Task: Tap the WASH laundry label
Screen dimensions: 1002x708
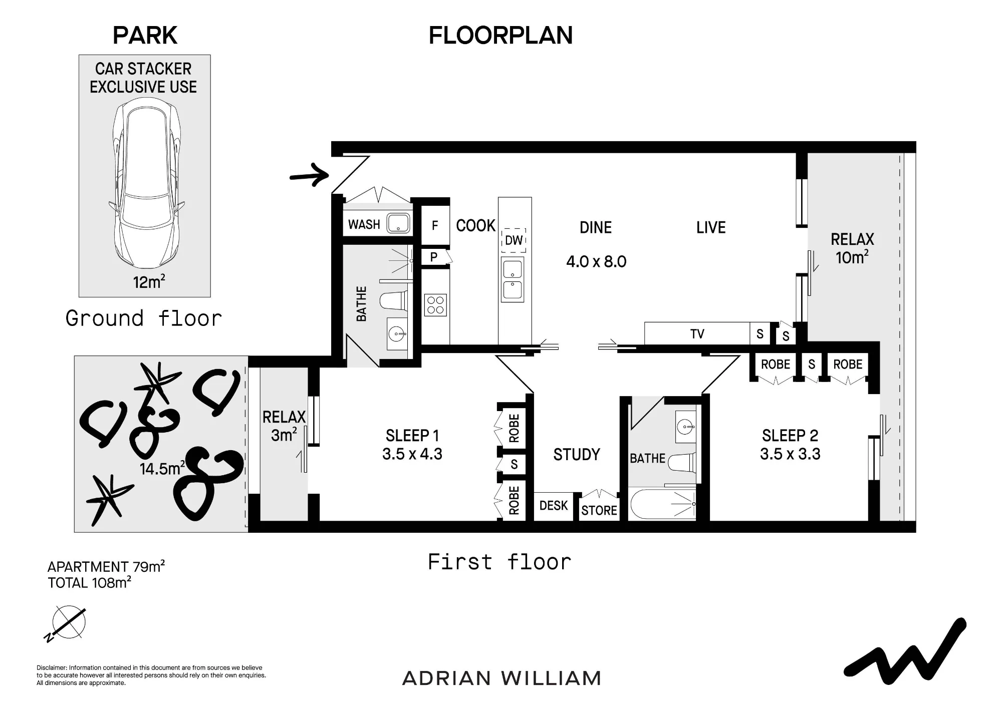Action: tap(364, 224)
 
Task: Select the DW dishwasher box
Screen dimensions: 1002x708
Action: tap(514, 240)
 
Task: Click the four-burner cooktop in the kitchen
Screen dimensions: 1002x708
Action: tap(435, 305)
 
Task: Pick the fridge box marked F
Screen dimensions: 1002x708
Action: tap(435, 225)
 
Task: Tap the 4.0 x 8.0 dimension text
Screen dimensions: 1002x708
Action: tap(596, 261)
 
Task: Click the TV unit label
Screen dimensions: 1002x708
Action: tap(697, 334)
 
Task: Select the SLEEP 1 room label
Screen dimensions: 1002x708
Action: tap(412, 436)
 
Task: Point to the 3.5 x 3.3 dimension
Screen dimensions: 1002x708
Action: tap(790, 454)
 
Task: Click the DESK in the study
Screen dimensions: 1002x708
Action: tap(554, 506)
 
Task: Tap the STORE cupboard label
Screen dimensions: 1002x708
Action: tap(599, 511)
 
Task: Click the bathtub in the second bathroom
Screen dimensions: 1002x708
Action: tap(663, 505)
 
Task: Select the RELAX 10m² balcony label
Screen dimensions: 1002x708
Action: tap(852, 248)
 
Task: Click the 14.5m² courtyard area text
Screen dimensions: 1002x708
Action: tap(162, 468)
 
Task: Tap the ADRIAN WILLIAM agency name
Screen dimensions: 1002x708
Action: tap(502, 678)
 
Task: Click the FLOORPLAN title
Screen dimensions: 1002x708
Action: tap(500, 35)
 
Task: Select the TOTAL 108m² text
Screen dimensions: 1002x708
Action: tap(90, 583)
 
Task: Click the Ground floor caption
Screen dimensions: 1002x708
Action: tap(144, 318)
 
